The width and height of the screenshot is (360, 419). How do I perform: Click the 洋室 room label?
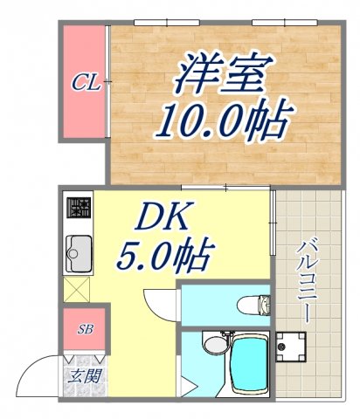coord(221,74)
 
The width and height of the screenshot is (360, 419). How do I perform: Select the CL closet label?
coord(85,83)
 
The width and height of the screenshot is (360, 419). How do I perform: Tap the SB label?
coord(85,329)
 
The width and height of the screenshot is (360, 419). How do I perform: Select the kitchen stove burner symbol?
coord(80,208)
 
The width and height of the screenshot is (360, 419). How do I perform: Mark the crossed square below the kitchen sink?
coord(78,289)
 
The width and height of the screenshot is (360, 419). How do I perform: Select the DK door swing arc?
coord(157,301)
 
